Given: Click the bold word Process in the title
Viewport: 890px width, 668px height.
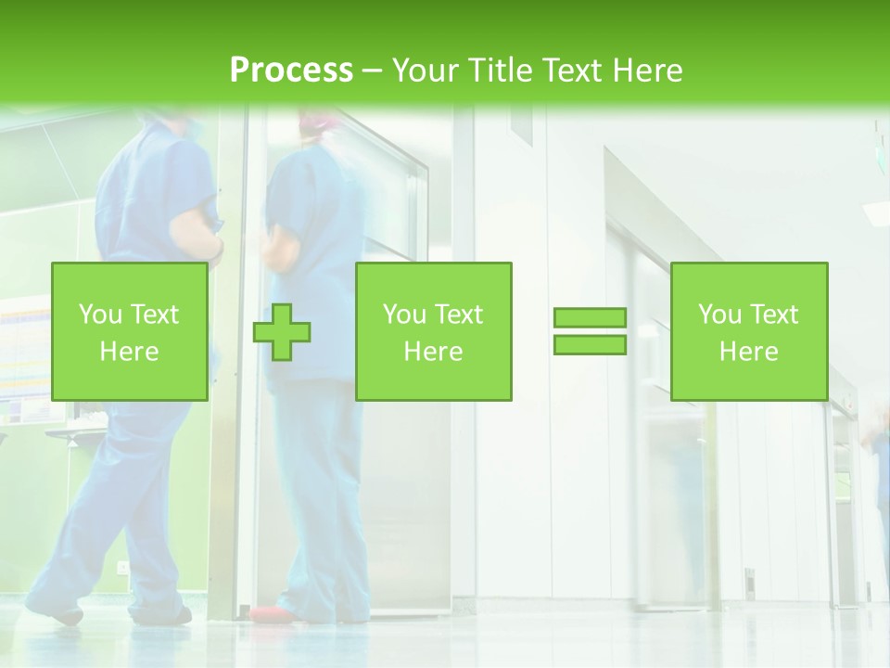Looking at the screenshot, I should (x=291, y=70).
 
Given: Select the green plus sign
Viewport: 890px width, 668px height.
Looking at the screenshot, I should (x=282, y=331).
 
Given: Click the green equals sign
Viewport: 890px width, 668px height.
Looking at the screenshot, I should (x=590, y=331).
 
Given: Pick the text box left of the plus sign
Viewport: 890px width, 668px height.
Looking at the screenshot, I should (x=129, y=331).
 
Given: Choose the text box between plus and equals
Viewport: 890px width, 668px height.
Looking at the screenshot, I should (x=433, y=331).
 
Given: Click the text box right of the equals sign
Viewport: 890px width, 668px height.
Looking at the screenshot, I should (x=748, y=331).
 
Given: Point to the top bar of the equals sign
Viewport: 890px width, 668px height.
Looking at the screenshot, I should (x=590, y=318).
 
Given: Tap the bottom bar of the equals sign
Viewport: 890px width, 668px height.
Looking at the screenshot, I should (x=590, y=344).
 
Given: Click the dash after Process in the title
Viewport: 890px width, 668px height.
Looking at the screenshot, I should (x=372, y=71).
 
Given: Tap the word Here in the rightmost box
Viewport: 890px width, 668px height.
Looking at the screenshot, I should (x=748, y=352).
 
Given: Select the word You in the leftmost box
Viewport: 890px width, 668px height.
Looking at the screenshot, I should (x=99, y=315).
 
